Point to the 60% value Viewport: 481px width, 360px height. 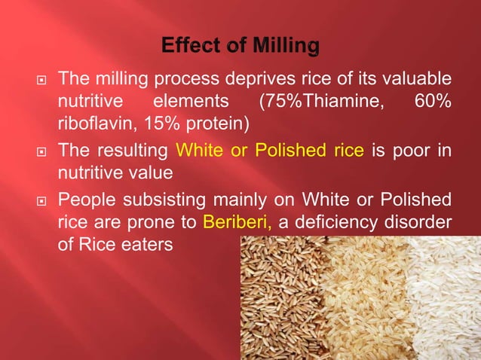click(433, 101)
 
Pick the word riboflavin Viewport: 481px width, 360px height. click(93, 123)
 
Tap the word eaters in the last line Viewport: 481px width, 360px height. click(144, 246)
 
